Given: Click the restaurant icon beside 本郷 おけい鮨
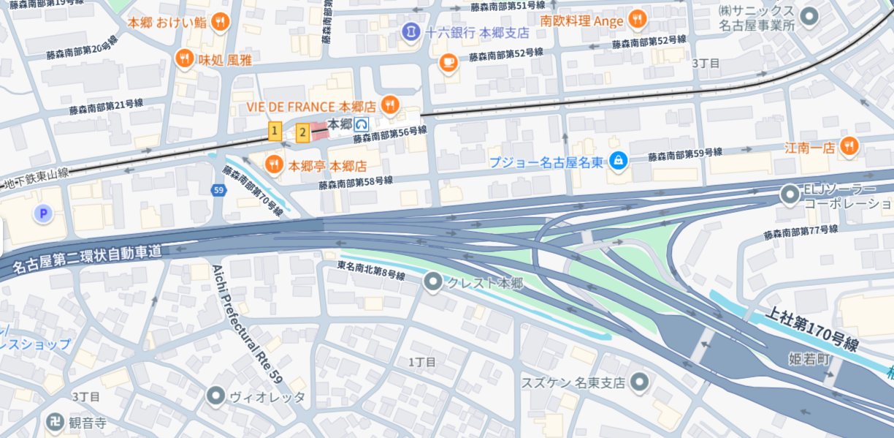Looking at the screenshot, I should point(219,23).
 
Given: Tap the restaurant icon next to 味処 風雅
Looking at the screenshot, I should point(185,59).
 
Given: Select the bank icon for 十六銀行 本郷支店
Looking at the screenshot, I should point(410,32).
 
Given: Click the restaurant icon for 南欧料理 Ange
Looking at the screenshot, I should point(638,20).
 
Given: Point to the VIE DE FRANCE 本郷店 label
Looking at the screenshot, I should point(310,106).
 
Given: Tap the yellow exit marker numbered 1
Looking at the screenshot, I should point(275,132).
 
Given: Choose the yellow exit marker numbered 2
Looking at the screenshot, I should point(302,133).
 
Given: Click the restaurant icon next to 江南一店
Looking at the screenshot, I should point(848,147).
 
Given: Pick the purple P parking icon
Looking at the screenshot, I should point(43,214).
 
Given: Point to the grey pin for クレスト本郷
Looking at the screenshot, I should point(434,282).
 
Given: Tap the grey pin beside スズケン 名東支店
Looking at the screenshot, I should point(640,382).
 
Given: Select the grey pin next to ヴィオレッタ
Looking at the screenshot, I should point(215,397).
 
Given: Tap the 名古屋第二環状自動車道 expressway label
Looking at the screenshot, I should point(88,259).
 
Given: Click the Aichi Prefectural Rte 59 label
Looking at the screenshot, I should point(246,321).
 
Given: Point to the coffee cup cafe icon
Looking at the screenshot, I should point(448,64).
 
